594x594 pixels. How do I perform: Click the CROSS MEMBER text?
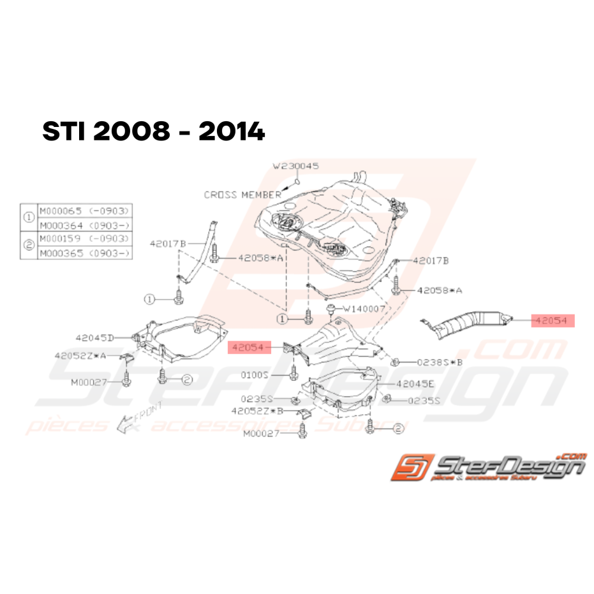click(242, 195)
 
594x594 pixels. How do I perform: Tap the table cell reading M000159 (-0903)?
click(85, 239)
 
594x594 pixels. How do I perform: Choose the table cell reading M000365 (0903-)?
click(85, 253)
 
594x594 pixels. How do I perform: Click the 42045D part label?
click(94, 338)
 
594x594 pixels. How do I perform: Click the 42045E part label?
click(415, 385)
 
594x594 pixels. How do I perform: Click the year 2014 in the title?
click(231, 132)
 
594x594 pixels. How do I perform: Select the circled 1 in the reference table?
click(29, 217)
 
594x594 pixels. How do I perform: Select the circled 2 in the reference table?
click(29, 246)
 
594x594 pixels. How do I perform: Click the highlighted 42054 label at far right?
click(553, 320)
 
